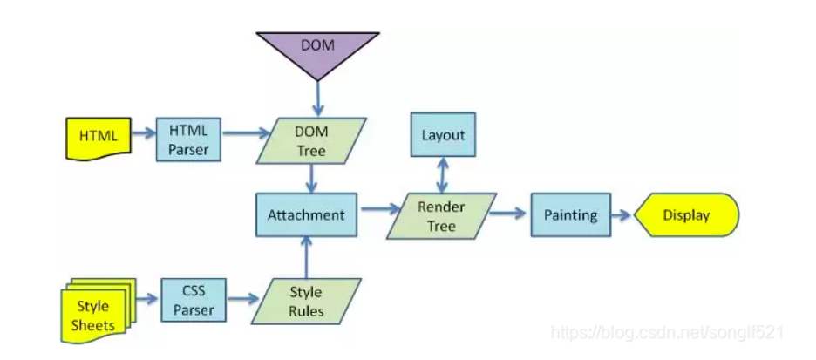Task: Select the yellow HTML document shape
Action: coord(98,138)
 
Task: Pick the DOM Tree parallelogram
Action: coord(311,141)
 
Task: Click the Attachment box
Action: coord(306,214)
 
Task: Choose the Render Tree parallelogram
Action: coord(441,215)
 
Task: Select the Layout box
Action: coord(443,135)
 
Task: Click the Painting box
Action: coord(570,214)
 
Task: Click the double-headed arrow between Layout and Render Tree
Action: coord(443,175)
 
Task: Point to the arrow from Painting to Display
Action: coord(622,214)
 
